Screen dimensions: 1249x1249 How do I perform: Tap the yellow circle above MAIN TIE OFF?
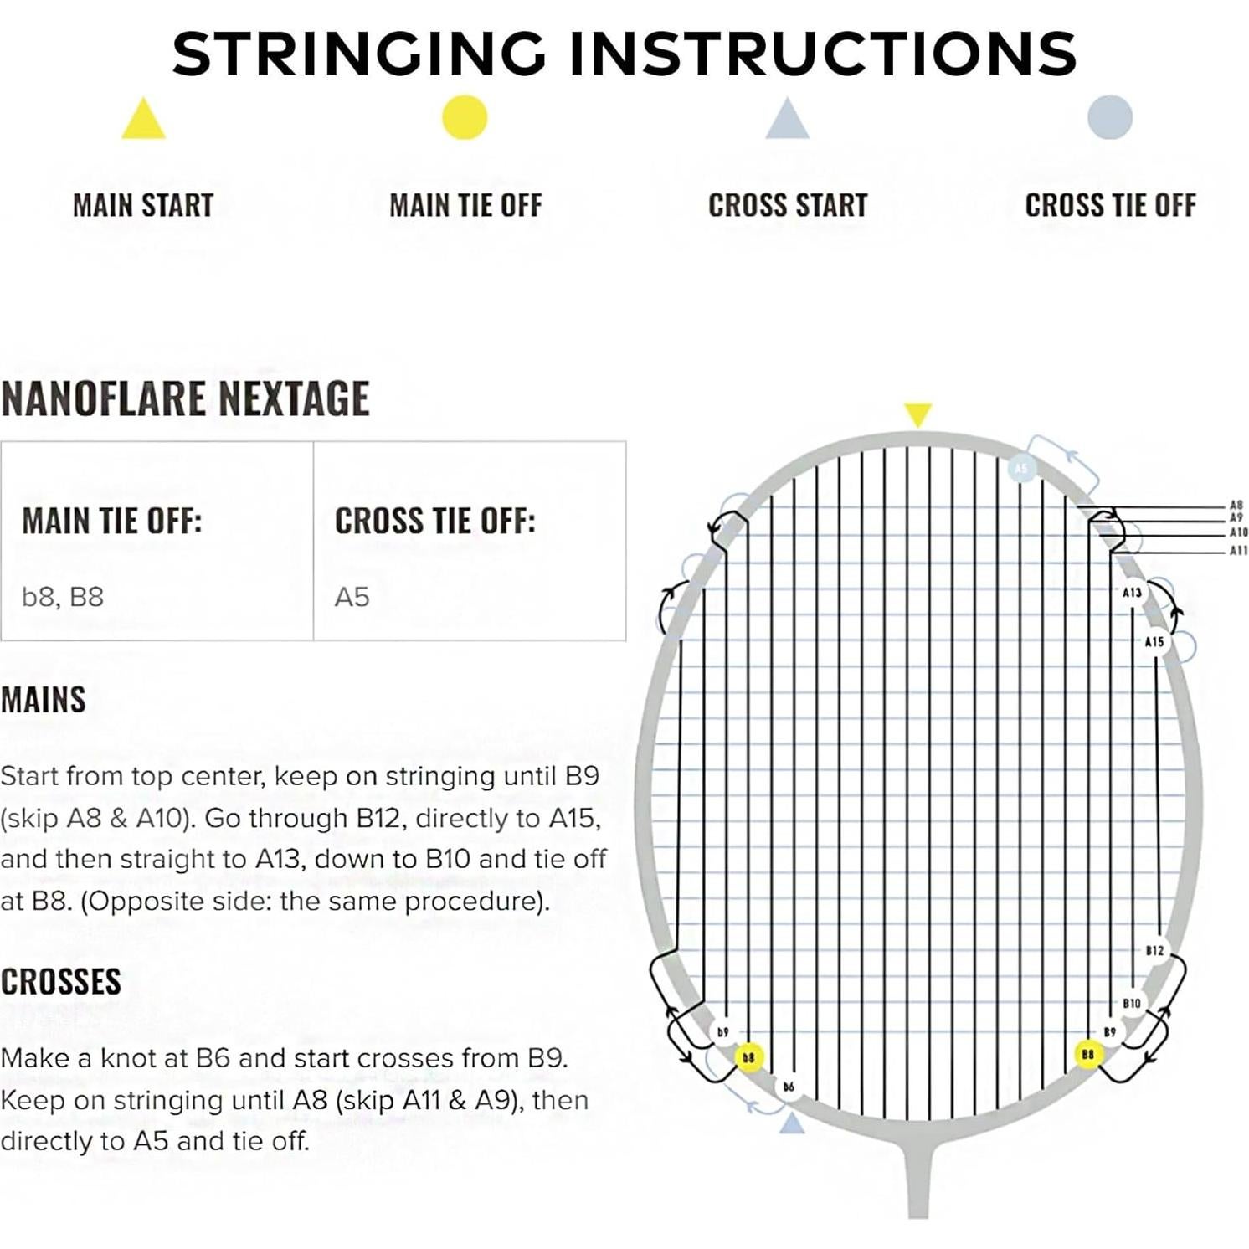coord(465,117)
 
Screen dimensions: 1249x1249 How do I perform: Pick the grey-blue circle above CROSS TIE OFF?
coord(1110,117)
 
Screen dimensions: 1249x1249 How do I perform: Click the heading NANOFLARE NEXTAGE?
coord(185,398)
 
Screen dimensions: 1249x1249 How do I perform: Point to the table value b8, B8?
coord(63,597)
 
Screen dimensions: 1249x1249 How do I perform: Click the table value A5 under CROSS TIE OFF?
coord(352,597)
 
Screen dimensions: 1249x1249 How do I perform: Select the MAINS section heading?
coord(44,700)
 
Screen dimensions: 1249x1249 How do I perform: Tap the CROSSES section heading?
coord(61,982)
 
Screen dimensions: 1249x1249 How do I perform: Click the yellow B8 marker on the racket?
coord(1088,1054)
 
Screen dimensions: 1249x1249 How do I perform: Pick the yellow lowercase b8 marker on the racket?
coord(748,1057)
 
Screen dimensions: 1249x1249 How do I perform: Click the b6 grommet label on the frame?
coord(788,1087)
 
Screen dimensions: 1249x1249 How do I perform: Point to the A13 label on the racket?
coord(1132,592)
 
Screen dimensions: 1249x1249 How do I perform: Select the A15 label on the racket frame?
coord(1154,641)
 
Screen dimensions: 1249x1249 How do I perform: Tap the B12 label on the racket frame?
coord(1154,950)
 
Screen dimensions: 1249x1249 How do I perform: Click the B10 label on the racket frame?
coord(1132,1002)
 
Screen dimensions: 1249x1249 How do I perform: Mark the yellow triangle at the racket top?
coord(918,414)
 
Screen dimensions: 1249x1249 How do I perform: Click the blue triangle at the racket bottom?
coord(792,1123)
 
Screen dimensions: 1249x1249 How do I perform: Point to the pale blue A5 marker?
coord(1020,468)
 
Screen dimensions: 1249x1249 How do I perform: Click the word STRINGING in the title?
coord(358,53)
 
